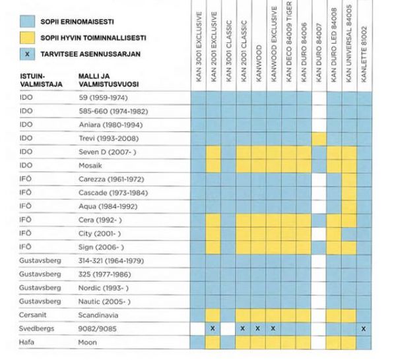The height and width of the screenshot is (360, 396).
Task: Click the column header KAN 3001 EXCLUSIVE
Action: (198, 46)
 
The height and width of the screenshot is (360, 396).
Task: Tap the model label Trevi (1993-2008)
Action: (106, 139)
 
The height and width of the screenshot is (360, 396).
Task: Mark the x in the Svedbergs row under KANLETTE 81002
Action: (364, 328)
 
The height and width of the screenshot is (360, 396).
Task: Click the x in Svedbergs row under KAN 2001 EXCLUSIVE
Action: (213, 328)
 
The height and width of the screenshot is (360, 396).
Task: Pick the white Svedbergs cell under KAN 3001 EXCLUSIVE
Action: (198, 328)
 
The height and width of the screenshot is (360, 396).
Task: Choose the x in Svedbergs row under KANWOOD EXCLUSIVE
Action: (273, 328)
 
